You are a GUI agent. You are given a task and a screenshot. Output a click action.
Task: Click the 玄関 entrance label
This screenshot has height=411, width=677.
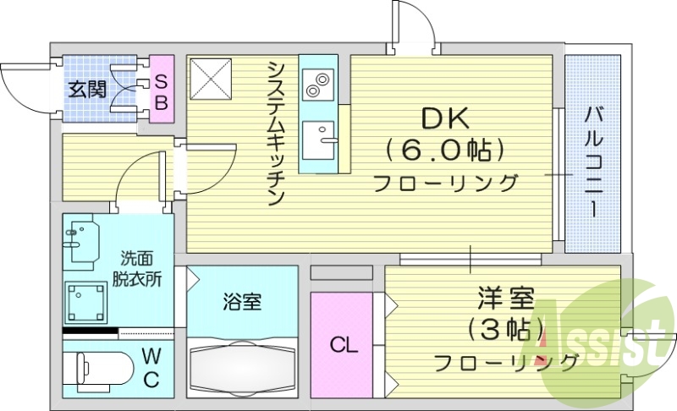[87, 89]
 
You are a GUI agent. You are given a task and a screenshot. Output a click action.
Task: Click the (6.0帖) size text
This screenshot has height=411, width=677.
[445, 151]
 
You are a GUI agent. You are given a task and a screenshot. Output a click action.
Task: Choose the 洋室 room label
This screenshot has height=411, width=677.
[504, 298]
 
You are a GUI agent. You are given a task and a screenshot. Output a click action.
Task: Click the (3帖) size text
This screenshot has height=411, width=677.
[504, 330]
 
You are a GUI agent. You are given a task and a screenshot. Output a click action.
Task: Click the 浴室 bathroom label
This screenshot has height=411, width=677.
[241, 301]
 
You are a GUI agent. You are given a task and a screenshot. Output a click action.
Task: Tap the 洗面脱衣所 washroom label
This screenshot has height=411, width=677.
[135, 268]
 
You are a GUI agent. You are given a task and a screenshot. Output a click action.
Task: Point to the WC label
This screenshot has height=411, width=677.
[150, 367]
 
